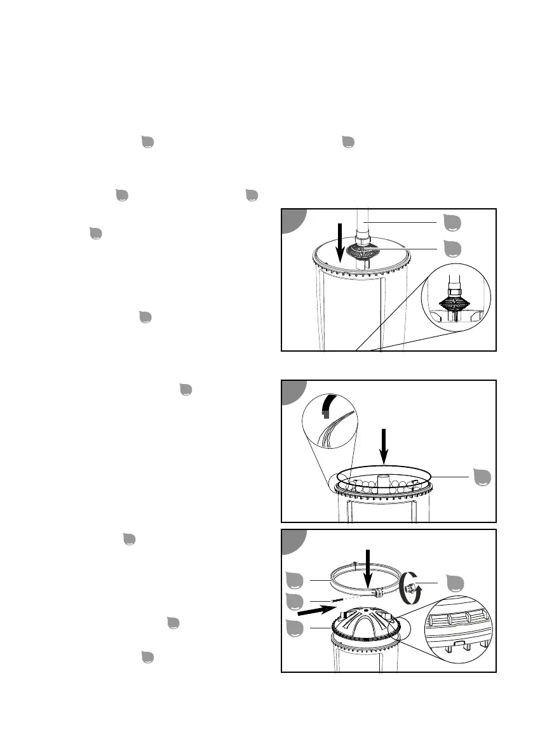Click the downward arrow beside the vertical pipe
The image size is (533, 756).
pos(341,242)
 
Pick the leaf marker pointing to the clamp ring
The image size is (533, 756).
pos(293,580)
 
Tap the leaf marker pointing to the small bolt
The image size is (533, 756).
pos(293,600)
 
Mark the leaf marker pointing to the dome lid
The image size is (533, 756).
pos(293,628)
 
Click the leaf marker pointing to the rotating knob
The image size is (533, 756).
pos(455,582)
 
